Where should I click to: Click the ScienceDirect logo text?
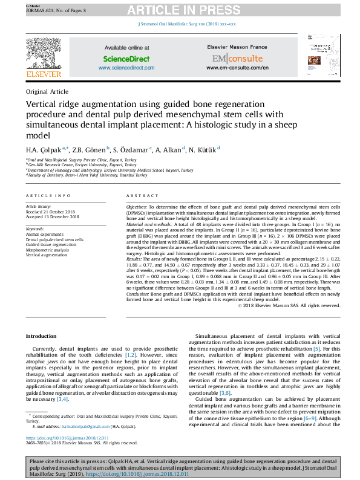[126, 59]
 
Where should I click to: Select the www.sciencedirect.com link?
[126, 68]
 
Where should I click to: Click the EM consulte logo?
[237, 59]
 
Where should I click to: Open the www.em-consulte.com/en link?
[237, 68]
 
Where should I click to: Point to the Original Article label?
[47, 91]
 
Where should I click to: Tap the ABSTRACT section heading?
[143, 196]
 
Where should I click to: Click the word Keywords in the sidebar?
[35, 230]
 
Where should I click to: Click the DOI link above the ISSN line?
[67, 438]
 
